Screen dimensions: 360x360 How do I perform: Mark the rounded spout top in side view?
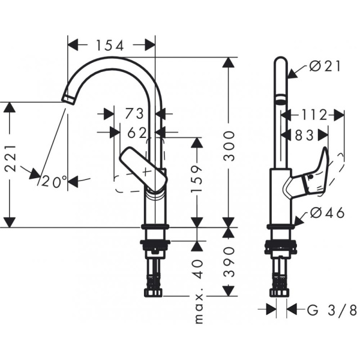point(280,61)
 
